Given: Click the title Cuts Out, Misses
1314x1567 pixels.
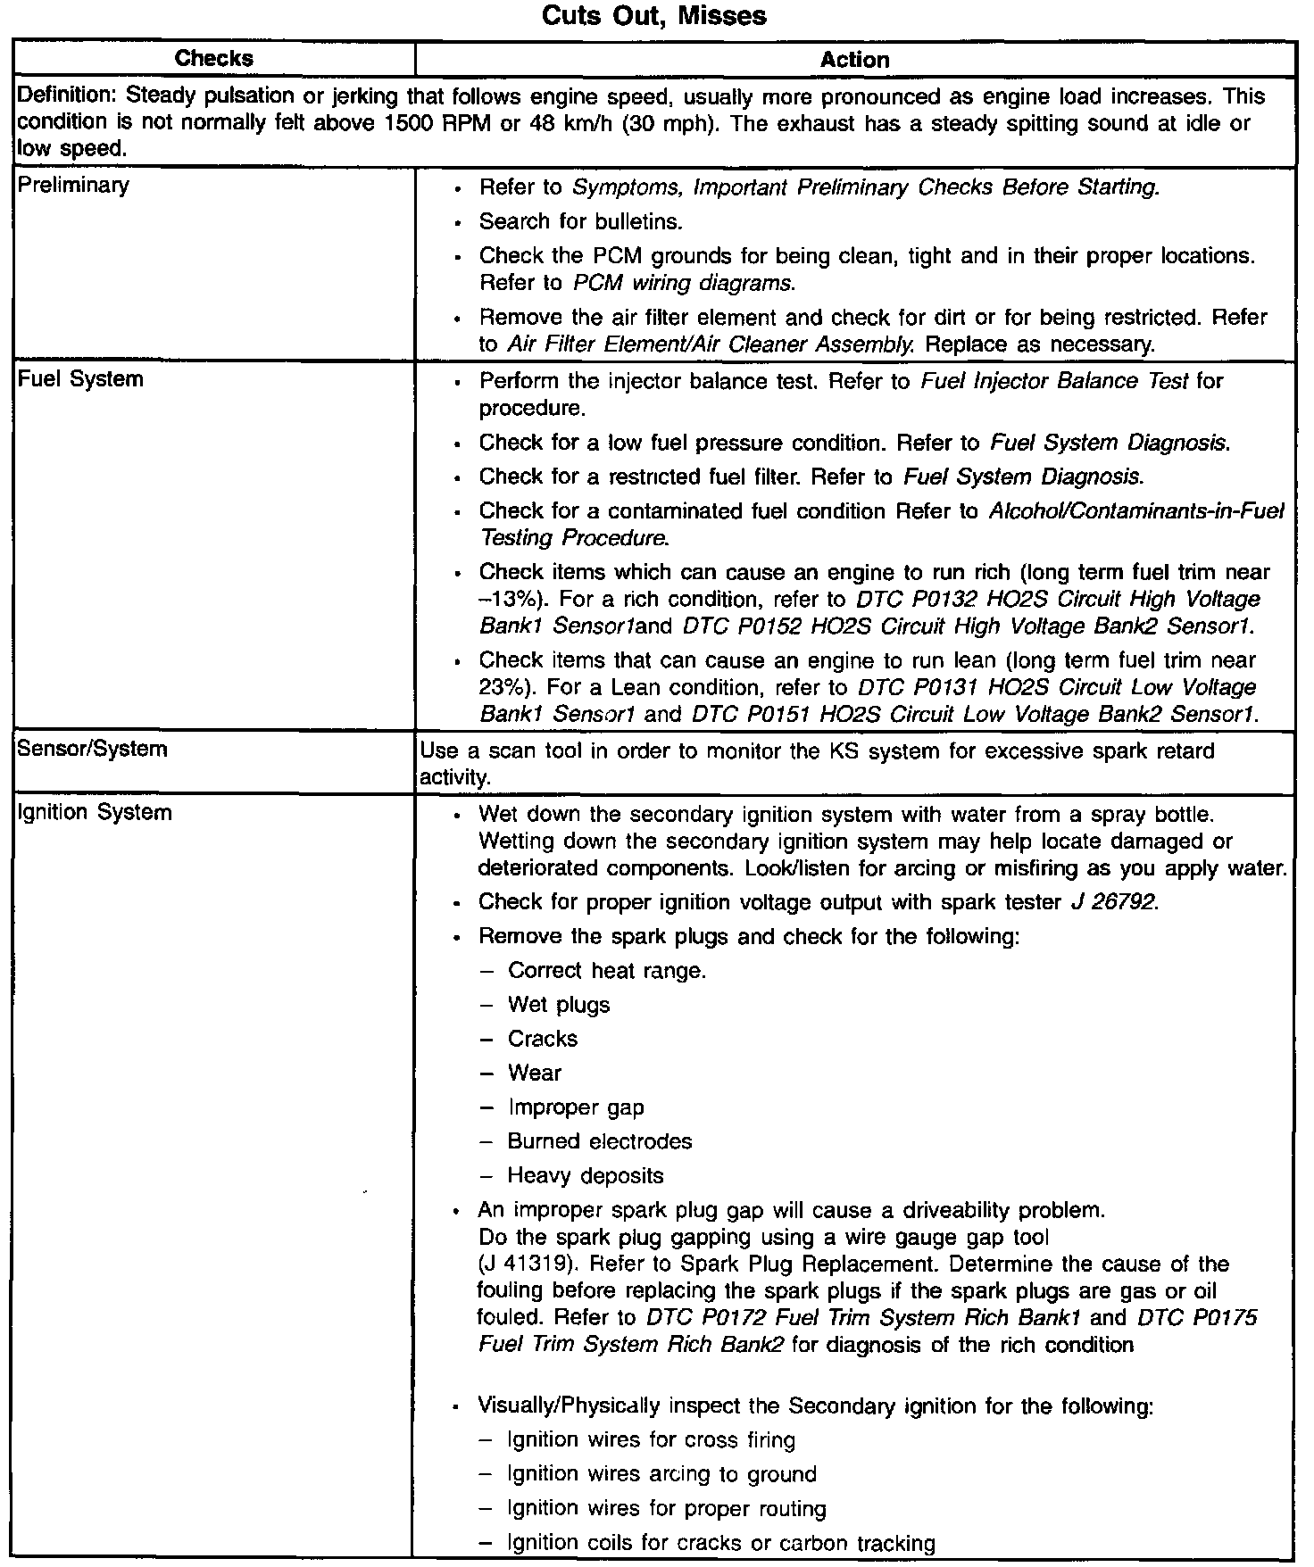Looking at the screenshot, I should pyautogui.click(x=656, y=16).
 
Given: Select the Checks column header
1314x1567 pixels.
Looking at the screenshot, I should pyautogui.click(x=214, y=59).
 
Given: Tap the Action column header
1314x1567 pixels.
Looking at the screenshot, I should pyautogui.click(x=854, y=60).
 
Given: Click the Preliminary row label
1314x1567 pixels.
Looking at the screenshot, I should pyautogui.click(x=73, y=186).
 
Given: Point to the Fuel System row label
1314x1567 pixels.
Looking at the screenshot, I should pyautogui.click(x=80, y=379).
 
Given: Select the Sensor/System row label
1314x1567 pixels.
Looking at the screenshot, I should pyautogui.click(x=92, y=749).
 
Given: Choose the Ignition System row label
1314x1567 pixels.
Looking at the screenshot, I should pyautogui.click(x=95, y=812).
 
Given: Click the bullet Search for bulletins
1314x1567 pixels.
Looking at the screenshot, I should pyautogui.click(x=580, y=221).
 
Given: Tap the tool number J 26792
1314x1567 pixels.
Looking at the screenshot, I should pyautogui.click(x=1112, y=902).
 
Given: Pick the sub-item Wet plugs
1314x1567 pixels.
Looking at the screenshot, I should pyautogui.click(x=558, y=1005).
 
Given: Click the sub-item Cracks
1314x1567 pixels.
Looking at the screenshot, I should pyautogui.click(x=542, y=1039).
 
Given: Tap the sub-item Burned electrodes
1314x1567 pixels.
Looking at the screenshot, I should pyautogui.click(x=599, y=1141).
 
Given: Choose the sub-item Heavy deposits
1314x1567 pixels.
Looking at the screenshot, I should pyautogui.click(x=585, y=1175).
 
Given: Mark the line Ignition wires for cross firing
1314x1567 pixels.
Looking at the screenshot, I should pyautogui.click(x=650, y=1439).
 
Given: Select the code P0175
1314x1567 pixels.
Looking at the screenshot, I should pyautogui.click(x=1223, y=1318).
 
